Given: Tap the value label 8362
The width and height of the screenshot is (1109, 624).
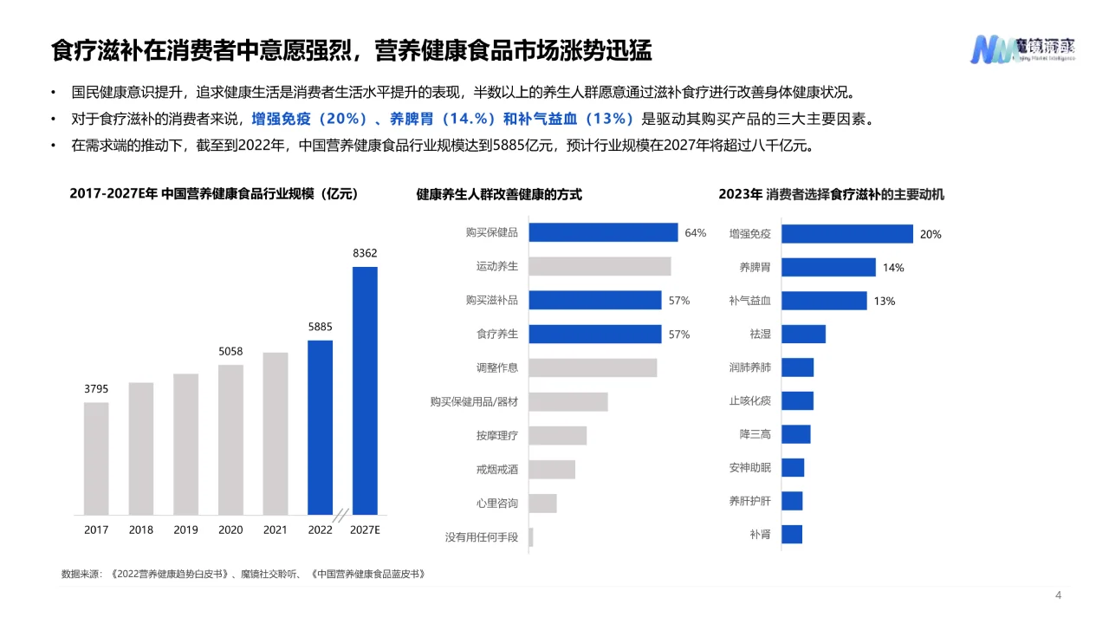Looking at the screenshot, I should click(365, 253).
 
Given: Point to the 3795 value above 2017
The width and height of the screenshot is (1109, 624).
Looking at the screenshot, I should click(96, 389).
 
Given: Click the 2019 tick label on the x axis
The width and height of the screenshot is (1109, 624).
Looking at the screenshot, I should click(185, 530).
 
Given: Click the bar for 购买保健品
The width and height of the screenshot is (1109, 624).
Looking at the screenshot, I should click(603, 232).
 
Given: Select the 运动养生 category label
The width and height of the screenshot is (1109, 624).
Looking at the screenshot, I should click(497, 266).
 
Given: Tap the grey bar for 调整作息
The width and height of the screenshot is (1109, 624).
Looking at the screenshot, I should click(593, 367).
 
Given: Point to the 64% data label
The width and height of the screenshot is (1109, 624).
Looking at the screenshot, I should click(696, 233).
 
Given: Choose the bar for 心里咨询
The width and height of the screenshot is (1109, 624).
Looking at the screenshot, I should click(542, 503).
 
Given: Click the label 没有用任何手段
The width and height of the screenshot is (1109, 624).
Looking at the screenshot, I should click(482, 536).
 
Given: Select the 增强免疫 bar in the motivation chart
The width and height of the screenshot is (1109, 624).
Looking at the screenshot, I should click(847, 234).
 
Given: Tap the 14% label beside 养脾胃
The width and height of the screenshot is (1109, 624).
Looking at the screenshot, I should click(893, 268).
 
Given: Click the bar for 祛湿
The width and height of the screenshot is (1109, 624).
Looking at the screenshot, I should click(803, 334).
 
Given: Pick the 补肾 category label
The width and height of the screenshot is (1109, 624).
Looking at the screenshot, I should click(761, 535).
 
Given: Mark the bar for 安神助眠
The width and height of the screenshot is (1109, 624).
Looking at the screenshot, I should click(793, 468).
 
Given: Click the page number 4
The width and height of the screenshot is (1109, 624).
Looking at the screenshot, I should click(1058, 595).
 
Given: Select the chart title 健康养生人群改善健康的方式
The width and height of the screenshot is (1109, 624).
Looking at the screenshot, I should click(499, 195).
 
